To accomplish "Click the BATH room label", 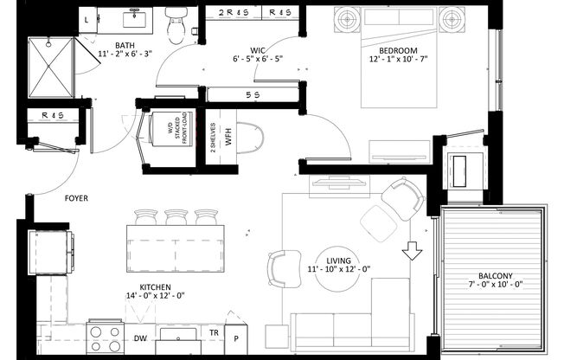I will (x=125, y=45).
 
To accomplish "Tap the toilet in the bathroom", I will (x=176, y=26).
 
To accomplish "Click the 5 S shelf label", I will (x=253, y=95).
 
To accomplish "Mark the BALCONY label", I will (x=495, y=276).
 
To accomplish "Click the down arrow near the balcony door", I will (x=413, y=251).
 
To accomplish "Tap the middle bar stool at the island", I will (x=176, y=216).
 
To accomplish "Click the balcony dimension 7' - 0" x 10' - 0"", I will (x=495, y=286).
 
